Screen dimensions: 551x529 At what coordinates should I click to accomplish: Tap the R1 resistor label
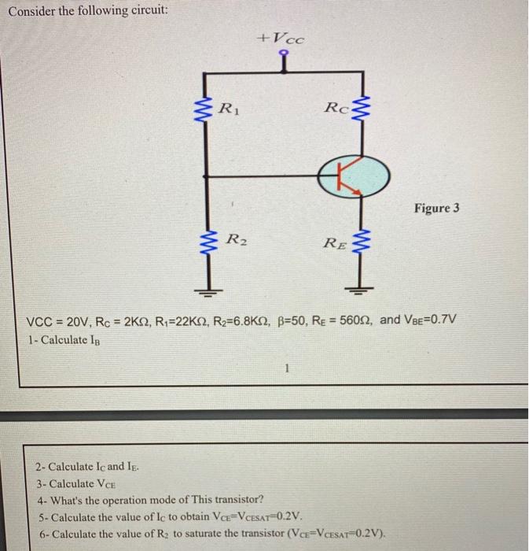(x=227, y=106)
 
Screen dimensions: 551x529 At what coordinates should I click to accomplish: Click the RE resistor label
(x=334, y=242)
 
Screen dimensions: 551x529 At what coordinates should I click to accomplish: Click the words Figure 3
(x=436, y=209)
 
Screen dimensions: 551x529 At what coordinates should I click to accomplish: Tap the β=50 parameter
(x=281, y=321)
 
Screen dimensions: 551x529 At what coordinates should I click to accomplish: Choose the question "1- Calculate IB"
(x=64, y=340)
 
